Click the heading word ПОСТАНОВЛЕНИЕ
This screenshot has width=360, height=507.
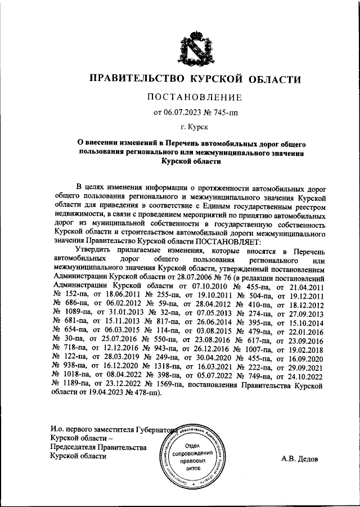tap(195, 97)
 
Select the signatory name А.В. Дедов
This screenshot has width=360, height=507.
tap(300, 459)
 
